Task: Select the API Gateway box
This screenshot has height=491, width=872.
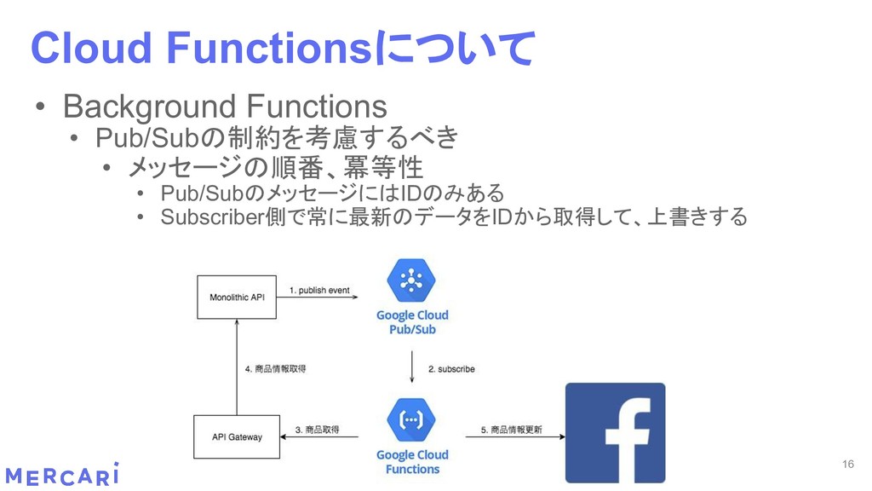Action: pyautogui.click(x=236, y=437)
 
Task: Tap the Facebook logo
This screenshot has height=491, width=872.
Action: pyautogui.click(x=616, y=433)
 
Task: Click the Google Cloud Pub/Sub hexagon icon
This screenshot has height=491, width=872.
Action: pyautogui.click(x=412, y=282)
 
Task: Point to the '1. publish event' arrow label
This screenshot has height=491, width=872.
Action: pyautogui.click(x=319, y=290)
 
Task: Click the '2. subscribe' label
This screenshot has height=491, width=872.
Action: pyautogui.click(x=451, y=369)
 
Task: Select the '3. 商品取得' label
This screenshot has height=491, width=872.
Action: pyautogui.click(x=317, y=430)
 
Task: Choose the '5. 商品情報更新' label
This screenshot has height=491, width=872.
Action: pyautogui.click(x=511, y=430)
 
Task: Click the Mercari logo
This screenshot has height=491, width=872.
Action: pyautogui.click(x=61, y=475)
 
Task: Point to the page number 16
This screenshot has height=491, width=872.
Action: pyautogui.click(x=846, y=464)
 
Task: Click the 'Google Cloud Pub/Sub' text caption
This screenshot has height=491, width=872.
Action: pyautogui.click(x=412, y=321)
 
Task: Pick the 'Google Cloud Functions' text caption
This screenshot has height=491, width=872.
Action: pyautogui.click(x=412, y=461)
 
